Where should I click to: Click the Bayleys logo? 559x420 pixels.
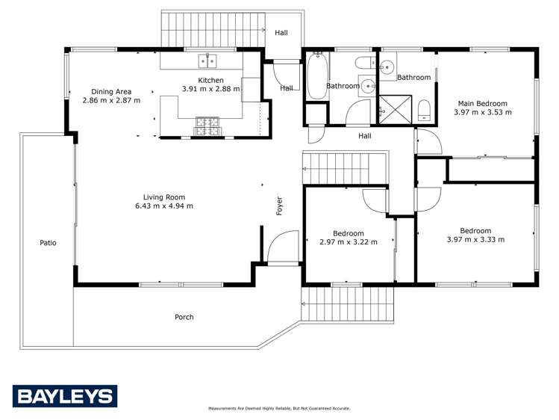65,396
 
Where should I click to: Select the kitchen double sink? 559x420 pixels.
207,61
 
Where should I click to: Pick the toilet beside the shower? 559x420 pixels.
424,110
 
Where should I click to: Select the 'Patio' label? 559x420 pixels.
48,243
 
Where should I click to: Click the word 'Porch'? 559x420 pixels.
184,317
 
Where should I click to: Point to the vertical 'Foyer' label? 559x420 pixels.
280,206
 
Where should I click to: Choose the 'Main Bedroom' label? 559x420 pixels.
482,103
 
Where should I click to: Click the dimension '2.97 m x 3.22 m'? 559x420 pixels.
348,242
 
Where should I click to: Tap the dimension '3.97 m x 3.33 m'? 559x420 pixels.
475,240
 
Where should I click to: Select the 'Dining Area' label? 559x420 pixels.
110,91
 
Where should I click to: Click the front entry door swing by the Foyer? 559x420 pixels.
282,248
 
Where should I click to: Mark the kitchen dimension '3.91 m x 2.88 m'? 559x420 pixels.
210,89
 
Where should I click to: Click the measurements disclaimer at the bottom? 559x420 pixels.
279,409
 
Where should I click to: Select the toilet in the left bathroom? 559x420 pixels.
365,63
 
